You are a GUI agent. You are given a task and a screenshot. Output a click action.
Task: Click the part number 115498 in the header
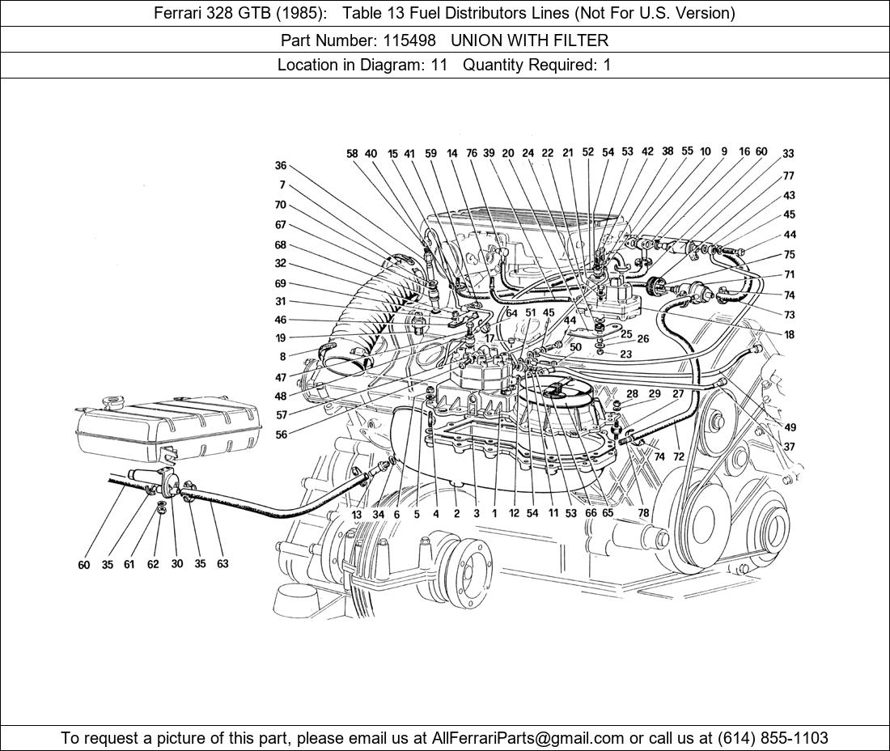pyautogui.click(x=421, y=40)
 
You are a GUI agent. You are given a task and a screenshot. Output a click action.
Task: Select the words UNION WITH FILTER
pyautogui.click(x=529, y=40)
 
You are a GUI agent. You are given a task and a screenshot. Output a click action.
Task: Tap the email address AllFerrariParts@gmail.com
pyautogui.click(x=528, y=738)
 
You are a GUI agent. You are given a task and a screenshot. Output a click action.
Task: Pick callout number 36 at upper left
pyautogui.click(x=281, y=166)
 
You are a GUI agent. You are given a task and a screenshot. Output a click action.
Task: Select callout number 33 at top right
pyautogui.click(x=788, y=154)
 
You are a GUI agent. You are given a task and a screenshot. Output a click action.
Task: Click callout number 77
pyautogui.click(x=788, y=176)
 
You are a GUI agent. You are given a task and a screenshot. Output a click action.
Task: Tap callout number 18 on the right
pyautogui.click(x=789, y=335)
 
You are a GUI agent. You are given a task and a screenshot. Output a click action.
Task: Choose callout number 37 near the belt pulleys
pyautogui.click(x=789, y=447)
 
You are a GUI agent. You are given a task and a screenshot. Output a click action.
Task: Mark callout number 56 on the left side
pyautogui.click(x=281, y=435)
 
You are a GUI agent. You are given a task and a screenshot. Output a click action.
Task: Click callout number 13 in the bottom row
pyautogui.click(x=357, y=514)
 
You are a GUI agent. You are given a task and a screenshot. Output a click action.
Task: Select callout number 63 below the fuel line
pyautogui.click(x=222, y=564)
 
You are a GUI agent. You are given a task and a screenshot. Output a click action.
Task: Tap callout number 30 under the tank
pyautogui.click(x=177, y=564)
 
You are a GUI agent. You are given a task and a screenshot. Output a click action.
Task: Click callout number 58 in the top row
pyautogui.click(x=352, y=153)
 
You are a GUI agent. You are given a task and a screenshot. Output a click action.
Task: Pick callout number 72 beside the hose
pyautogui.click(x=678, y=457)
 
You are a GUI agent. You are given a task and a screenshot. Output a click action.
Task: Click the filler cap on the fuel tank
pyautogui.click(x=110, y=402)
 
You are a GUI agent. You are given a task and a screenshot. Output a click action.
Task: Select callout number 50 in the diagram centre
pyautogui.click(x=575, y=347)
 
